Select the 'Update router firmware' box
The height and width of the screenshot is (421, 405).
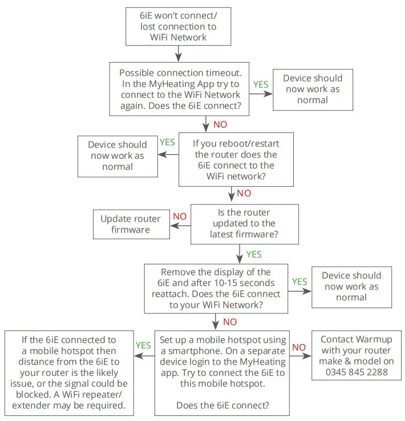pyautogui.click(x=131, y=224)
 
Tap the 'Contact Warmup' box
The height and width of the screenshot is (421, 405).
pyautogui.click(x=351, y=355)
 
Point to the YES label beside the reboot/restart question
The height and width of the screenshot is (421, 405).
pyautogui.click(x=167, y=142)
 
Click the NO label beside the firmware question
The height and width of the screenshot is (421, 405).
pyautogui.click(x=180, y=216)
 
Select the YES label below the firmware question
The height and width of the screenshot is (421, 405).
pyautogui.click(x=254, y=254)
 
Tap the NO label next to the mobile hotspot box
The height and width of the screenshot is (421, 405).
pyautogui.click(x=299, y=346)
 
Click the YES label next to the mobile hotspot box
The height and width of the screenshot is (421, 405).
pyautogui.click(x=143, y=345)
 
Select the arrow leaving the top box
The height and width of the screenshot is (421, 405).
pyautogui.click(x=179, y=54)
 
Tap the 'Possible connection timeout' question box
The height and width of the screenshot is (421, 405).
pyautogui.click(x=180, y=89)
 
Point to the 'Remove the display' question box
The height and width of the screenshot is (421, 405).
pyautogui.click(x=216, y=288)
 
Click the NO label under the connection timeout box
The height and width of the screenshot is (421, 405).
pyautogui.click(x=220, y=124)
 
